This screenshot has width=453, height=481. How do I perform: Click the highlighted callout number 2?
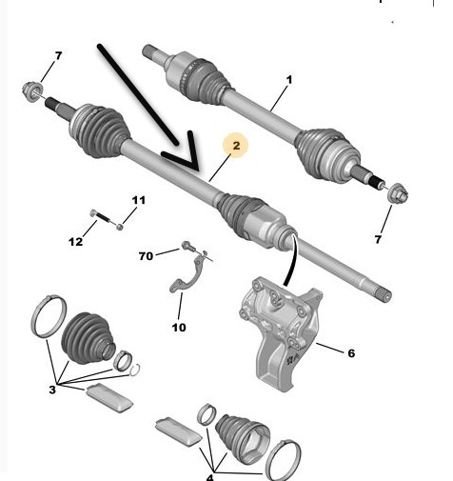pyautogui.click(x=236, y=146)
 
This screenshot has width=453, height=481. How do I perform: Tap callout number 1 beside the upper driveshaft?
pyautogui.click(x=288, y=80)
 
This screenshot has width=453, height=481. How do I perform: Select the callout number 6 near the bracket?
pyautogui.click(x=351, y=353)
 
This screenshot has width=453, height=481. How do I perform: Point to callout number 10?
pyautogui.click(x=179, y=328)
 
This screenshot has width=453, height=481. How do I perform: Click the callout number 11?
pyautogui.click(x=139, y=200)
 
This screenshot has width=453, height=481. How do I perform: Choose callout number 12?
pyautogui.click(x=75, y=242)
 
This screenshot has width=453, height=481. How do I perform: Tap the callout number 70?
pyautogui.click(x=146, y=256)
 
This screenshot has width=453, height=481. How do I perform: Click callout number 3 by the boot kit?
pyautogui.click(x=52, y=390)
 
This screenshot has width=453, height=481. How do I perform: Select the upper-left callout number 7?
pyautogui.click(x=58, y=56)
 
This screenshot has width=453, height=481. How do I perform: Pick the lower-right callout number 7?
pyautogui.click(x=378, y=239)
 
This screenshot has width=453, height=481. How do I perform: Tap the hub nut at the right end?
pyautogui.click(x=399, y=192)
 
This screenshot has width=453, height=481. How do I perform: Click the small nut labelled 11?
pyautogui.click(x=120, y=227)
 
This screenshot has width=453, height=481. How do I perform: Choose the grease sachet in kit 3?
pyautogui.click(x=109, y=397)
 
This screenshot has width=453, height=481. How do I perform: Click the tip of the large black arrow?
pyautogui.click(x=199, y=169)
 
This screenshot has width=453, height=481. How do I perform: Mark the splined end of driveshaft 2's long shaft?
pyautogui.click(x=384, y=294)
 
